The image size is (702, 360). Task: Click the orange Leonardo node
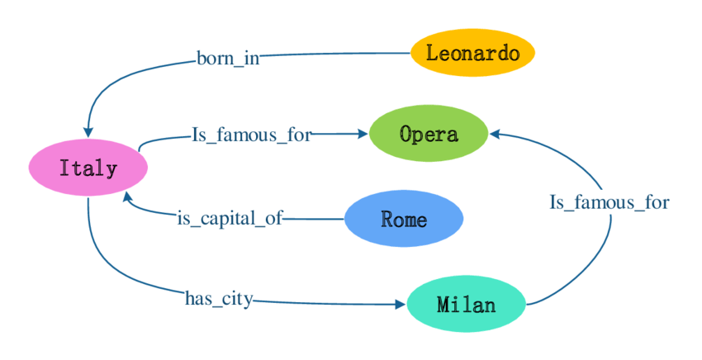point(473,54)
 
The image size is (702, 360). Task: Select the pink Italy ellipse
point(88,168)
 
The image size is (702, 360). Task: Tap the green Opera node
point(429,133)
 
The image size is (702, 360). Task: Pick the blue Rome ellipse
point(404,219)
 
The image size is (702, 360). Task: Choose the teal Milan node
point(467,305)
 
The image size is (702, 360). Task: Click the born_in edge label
point(228,59)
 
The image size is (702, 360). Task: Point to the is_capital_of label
point(230,219)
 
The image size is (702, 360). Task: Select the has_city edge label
point(219,299)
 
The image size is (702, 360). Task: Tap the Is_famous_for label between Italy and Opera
point(252,135)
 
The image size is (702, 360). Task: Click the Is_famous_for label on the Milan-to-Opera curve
point(610,201)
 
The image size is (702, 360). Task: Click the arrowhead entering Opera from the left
point(362,133)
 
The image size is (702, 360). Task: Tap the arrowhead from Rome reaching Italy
point(126,197)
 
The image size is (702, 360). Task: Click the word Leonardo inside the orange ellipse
point(473,54)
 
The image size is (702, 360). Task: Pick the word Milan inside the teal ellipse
point(467,305)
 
